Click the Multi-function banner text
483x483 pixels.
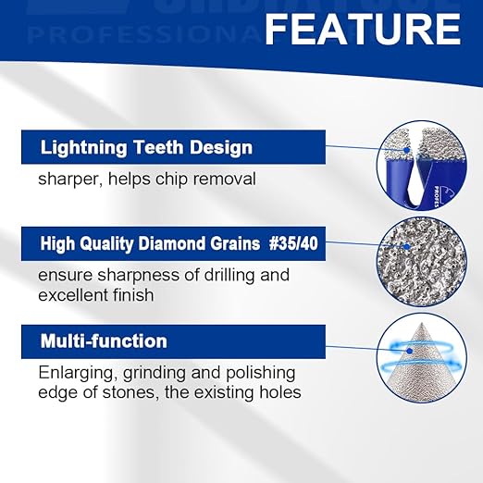(x=104, y=341)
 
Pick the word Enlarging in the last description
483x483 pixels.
(x=76, y=372)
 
